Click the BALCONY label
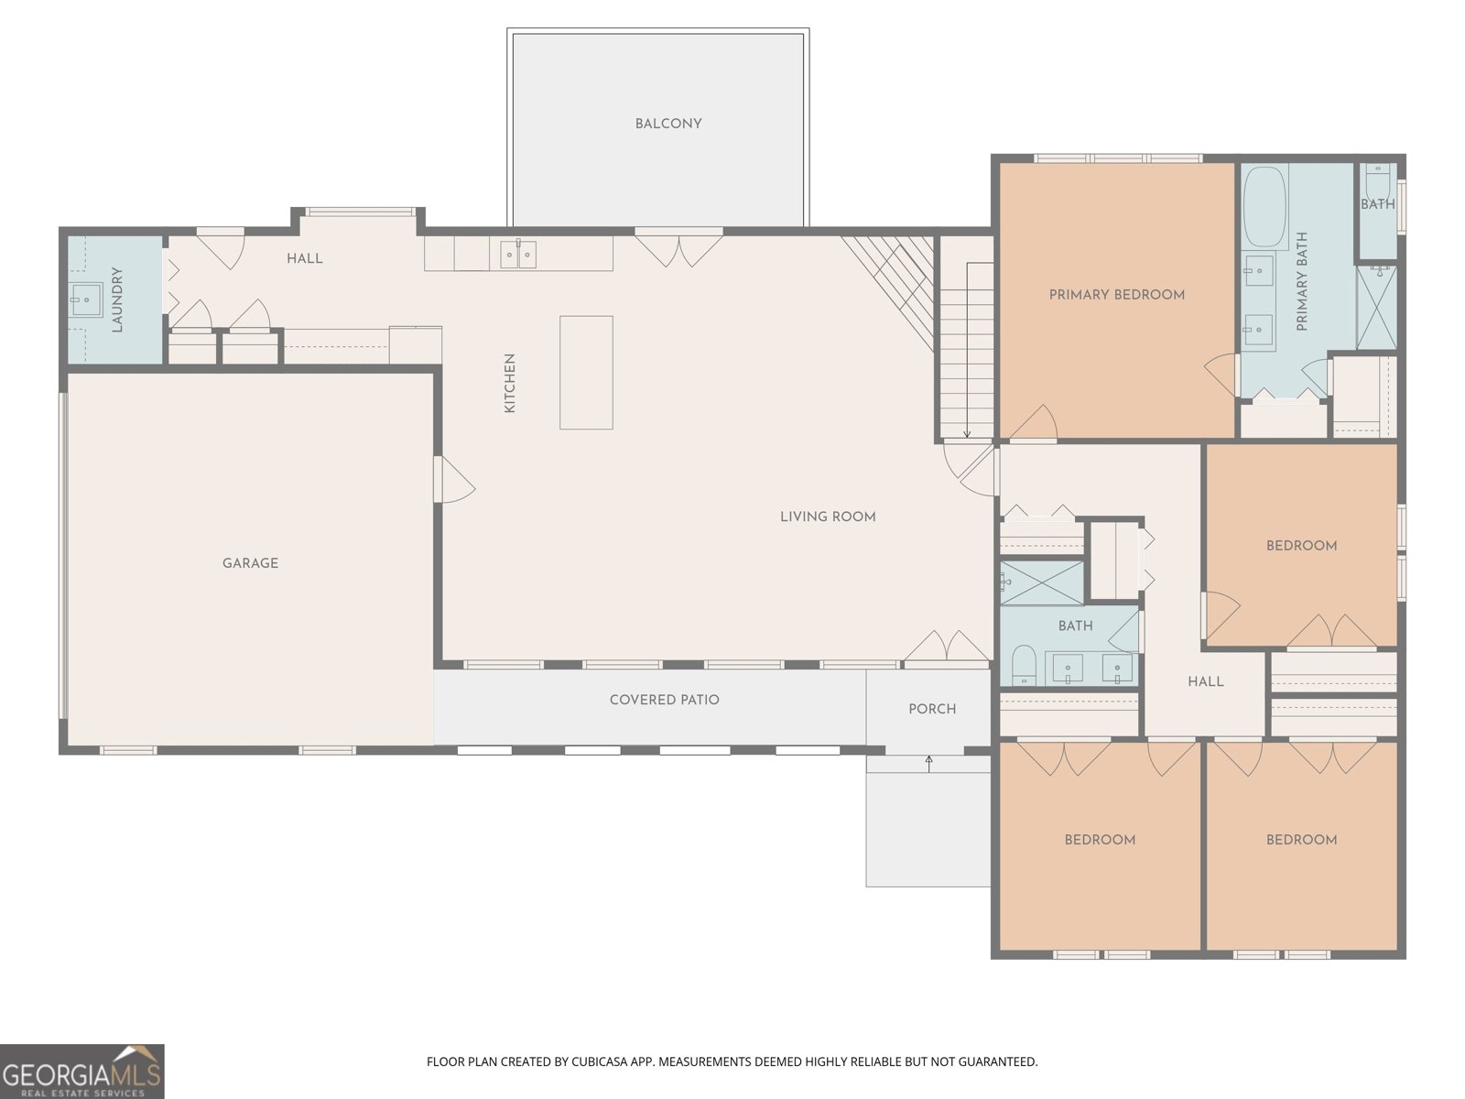click(667, 124)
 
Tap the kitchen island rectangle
click(586, 372)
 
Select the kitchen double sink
click(518, 255)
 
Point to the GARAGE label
click(250, 563)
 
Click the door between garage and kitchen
click(452, 479)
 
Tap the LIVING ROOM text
click(828, 517)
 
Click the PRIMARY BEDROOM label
click(1116, 295)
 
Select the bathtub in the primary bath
click(1265, 207)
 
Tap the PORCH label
click(931, 709)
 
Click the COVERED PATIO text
click(664, 700)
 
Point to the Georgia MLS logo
click(81, 1072)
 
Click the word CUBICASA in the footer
click(602, 1062)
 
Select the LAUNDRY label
click(117, 299)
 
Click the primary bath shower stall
click(1375, 307)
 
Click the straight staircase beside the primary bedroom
click(966, 348)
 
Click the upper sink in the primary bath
click(1258, 270)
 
